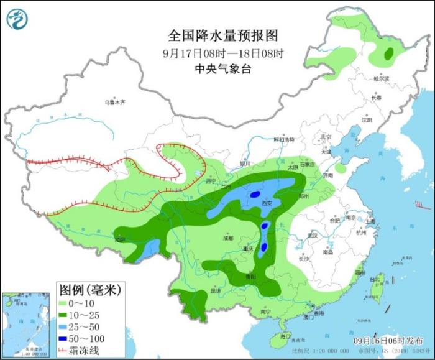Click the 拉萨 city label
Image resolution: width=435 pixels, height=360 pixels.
[119, 239]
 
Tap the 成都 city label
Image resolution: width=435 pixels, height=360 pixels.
[227, 238]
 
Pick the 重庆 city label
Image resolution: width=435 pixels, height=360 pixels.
[250, 249]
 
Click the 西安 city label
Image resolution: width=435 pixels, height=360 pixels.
[267, 203]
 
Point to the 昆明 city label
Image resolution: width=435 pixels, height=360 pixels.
[216, 291]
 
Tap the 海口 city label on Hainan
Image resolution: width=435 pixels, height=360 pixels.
[285, 336]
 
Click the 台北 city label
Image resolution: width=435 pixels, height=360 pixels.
[374, 280]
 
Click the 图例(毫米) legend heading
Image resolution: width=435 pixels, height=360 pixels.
[89, 289]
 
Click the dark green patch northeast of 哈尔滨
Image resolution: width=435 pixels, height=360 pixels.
[390, 54]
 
